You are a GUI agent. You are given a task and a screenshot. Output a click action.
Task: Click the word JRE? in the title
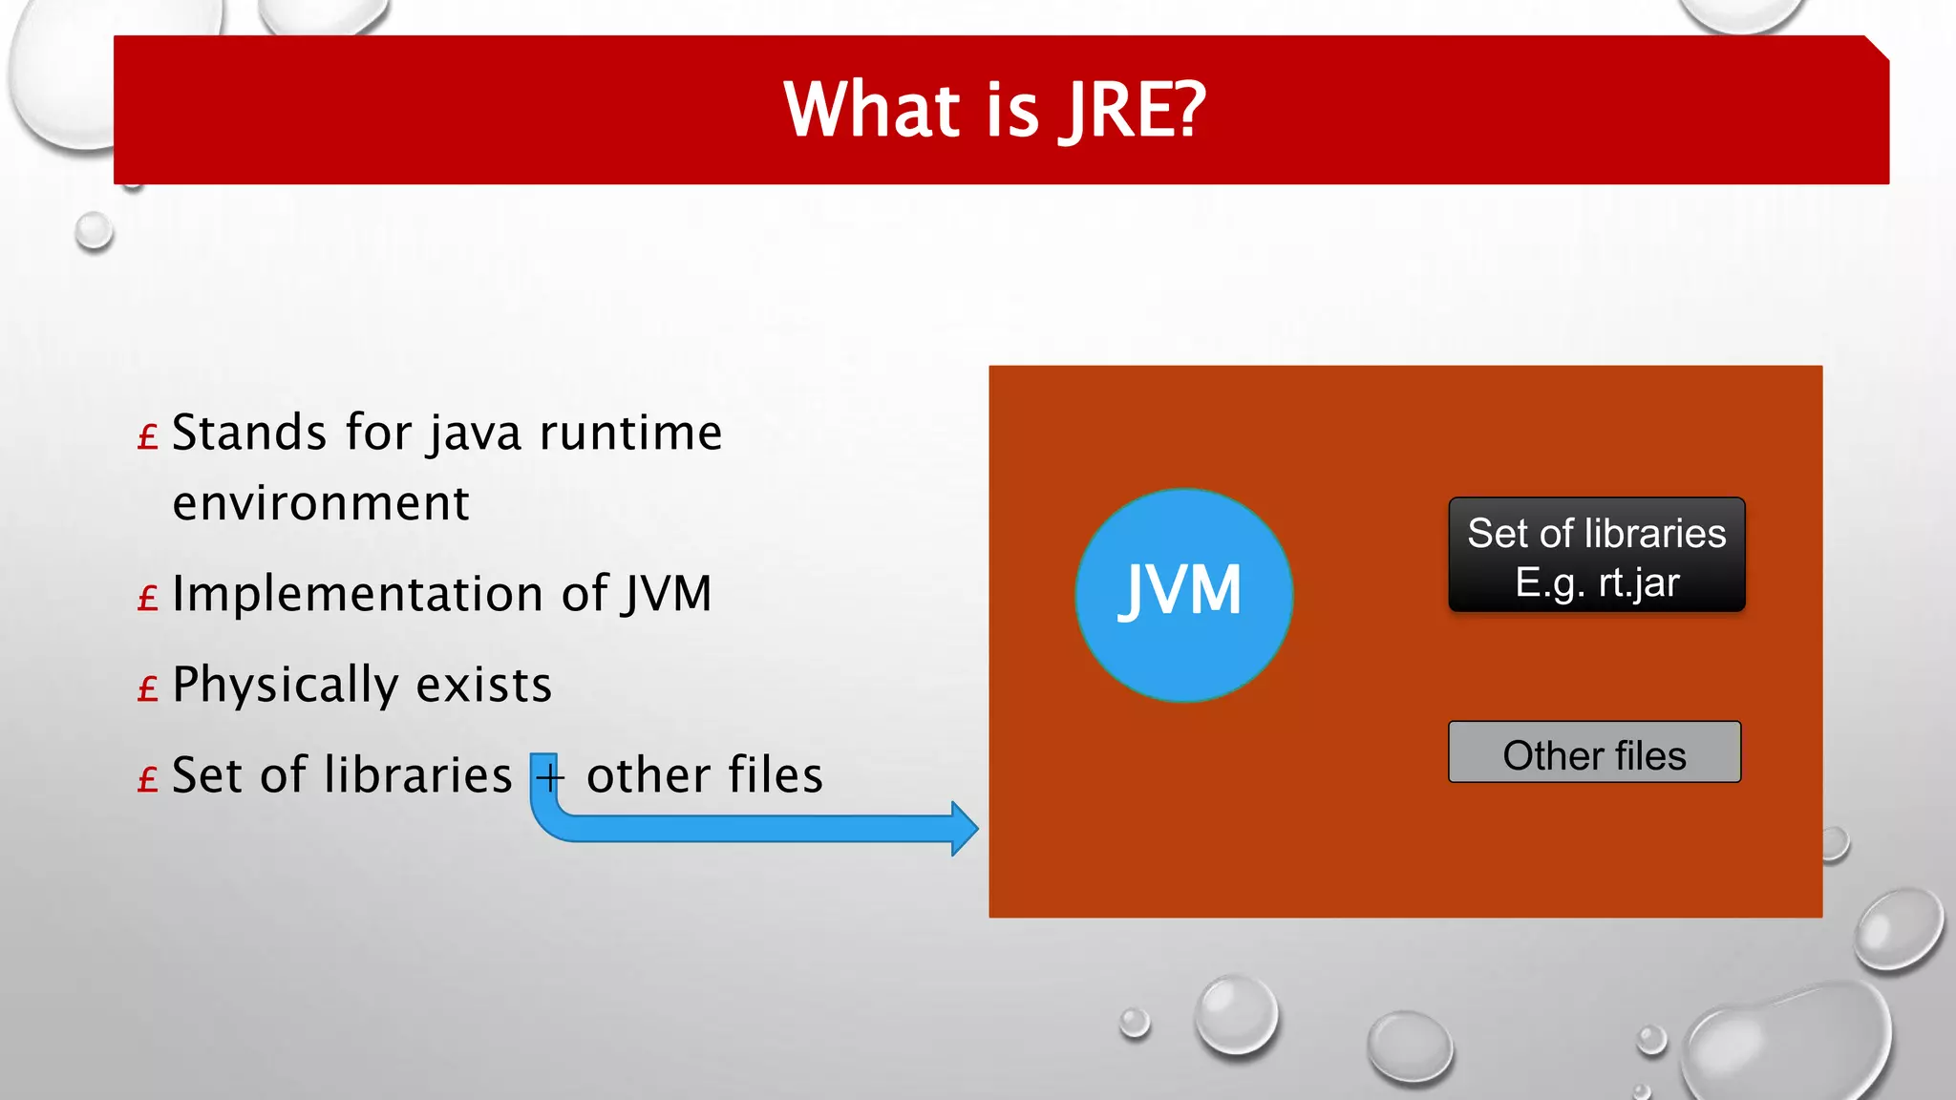point(1133,111)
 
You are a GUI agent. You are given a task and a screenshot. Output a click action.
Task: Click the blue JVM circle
point(1183,594)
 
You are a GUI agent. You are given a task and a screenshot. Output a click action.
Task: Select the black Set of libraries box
point(1596,555)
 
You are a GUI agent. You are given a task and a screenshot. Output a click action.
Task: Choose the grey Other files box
point(1594,753)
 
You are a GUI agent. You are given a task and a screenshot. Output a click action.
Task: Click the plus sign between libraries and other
point(549,777)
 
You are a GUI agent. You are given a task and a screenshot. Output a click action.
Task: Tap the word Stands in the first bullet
point(250,433)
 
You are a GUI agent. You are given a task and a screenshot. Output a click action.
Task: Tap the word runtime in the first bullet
point(630,433)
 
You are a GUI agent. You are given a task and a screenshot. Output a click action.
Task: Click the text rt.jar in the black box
point(1638,583)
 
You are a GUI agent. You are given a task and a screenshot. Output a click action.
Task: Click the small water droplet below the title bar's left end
point(95,232)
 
